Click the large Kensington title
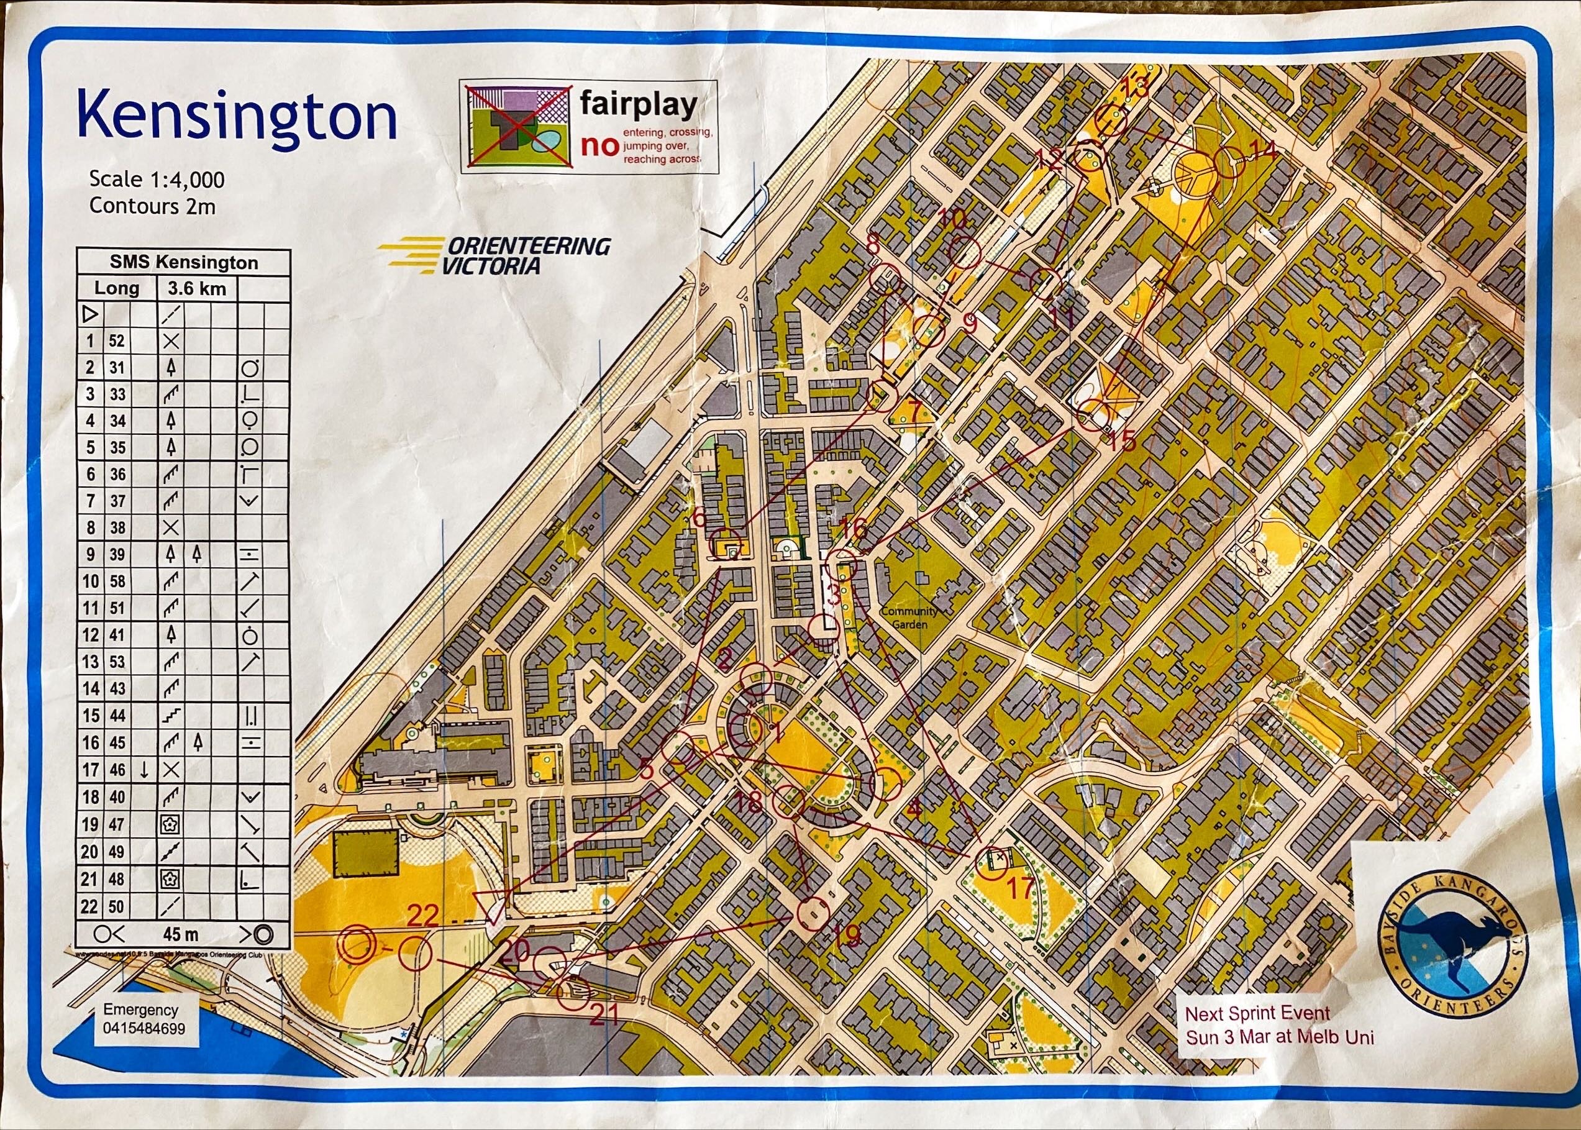coord(237,117)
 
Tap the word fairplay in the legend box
coord(638,105)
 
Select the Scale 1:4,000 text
coord(157,180)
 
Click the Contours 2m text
coord(152,206)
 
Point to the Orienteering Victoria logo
coord(496,255)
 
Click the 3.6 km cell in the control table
coord(197,288)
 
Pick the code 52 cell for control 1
coord(116,341)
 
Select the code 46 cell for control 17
coord(117,770)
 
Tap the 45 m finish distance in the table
coord(180,933)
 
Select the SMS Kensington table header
coord(184,262)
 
